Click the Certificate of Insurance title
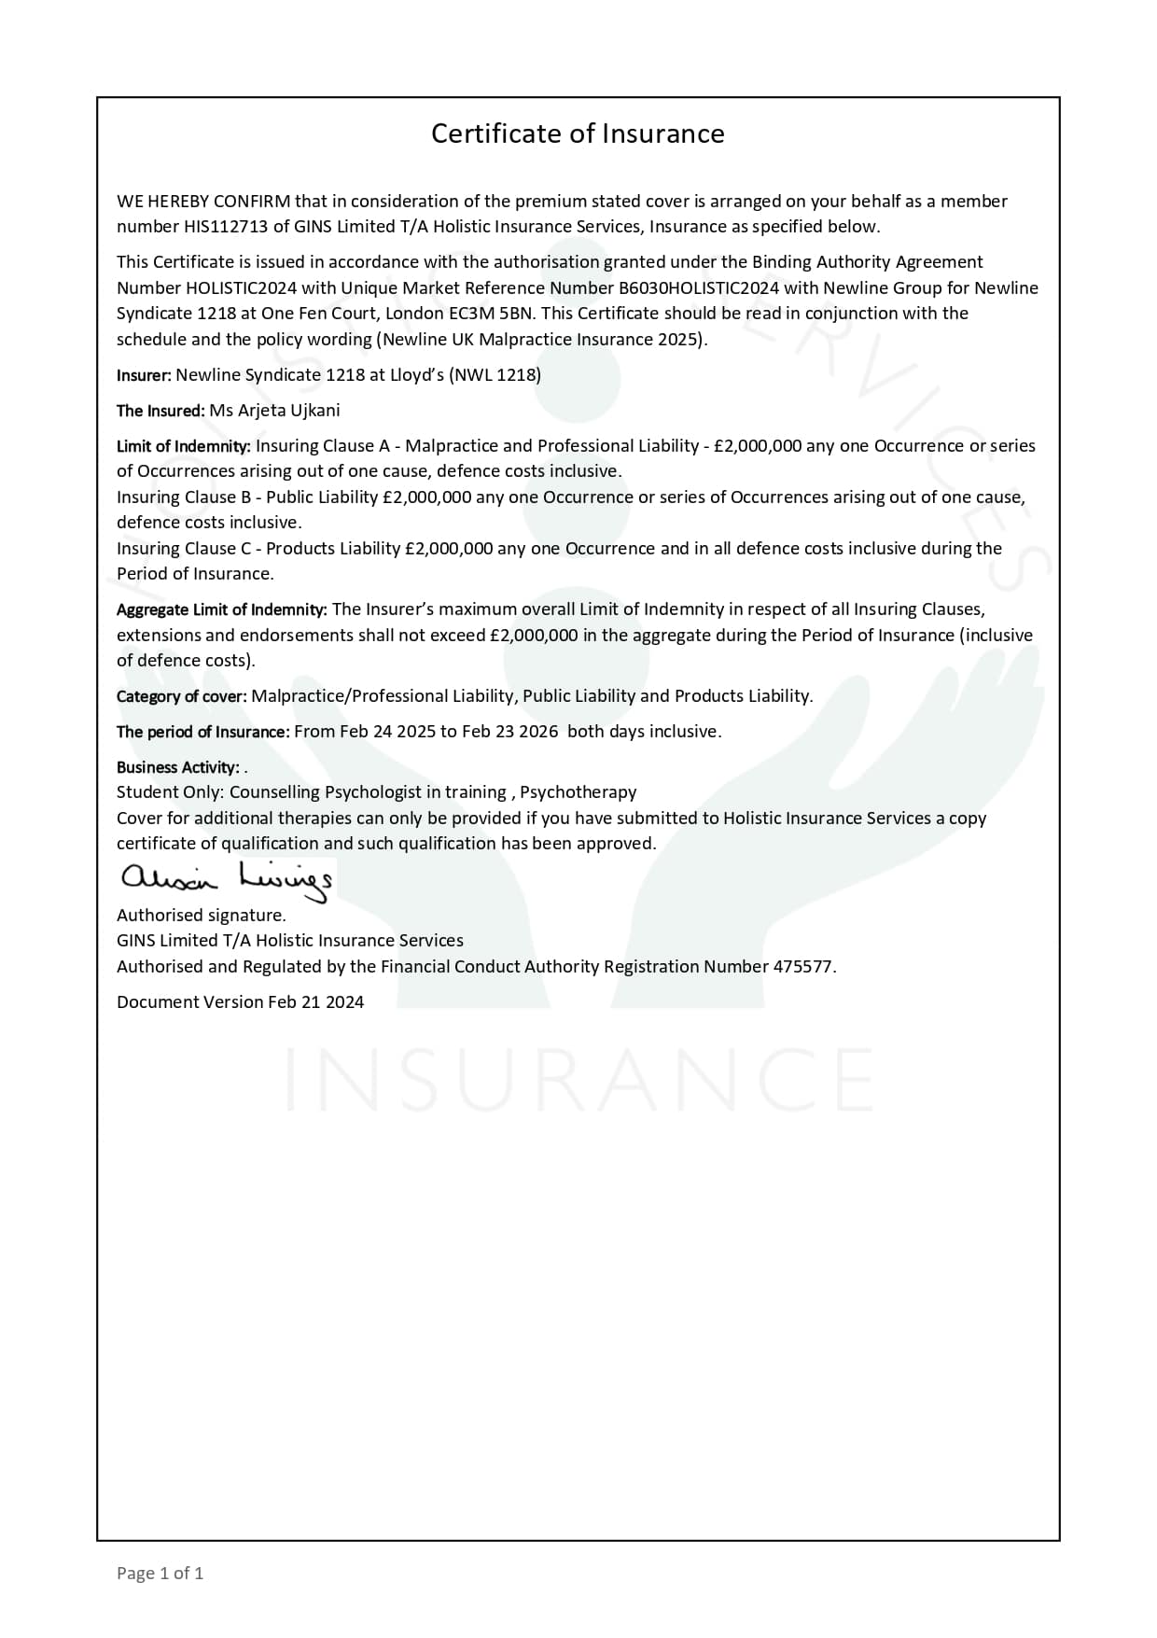pos(578,133)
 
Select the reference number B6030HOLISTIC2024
pos(699,288)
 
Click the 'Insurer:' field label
pos(144,375)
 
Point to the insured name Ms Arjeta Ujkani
pos(274,411)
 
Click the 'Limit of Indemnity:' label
pos(184,446)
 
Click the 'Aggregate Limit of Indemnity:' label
pos(222,609)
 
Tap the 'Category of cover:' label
pos(182,696)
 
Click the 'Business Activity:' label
pos(178,767)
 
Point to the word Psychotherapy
pos(578,792)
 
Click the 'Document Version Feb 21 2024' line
pos(240,1002)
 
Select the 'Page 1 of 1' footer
pos(160,1573)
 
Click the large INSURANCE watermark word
pos(578,1079)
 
